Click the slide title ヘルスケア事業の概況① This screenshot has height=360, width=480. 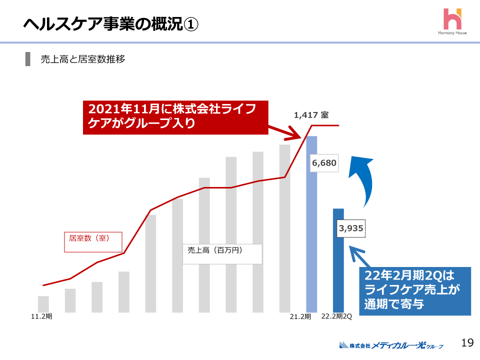click(110, 23)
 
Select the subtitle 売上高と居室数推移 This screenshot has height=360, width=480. click(82, 59)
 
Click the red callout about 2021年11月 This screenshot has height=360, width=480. click(175, 117)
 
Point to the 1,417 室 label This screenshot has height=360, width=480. click(311, 115)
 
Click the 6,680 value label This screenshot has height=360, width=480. click(324, 162)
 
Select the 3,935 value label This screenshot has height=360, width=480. click(351, 228)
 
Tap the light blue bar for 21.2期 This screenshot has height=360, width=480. click(311, 225)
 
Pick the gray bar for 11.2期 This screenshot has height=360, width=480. click(43, 304)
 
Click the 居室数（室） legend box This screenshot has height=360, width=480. click(93, 241)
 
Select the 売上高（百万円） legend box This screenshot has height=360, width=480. click(222, 253)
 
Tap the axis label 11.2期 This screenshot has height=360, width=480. click(41, 316)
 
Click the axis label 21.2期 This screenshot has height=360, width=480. click(300, 316)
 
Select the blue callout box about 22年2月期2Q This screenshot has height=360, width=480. click(415, 291)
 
